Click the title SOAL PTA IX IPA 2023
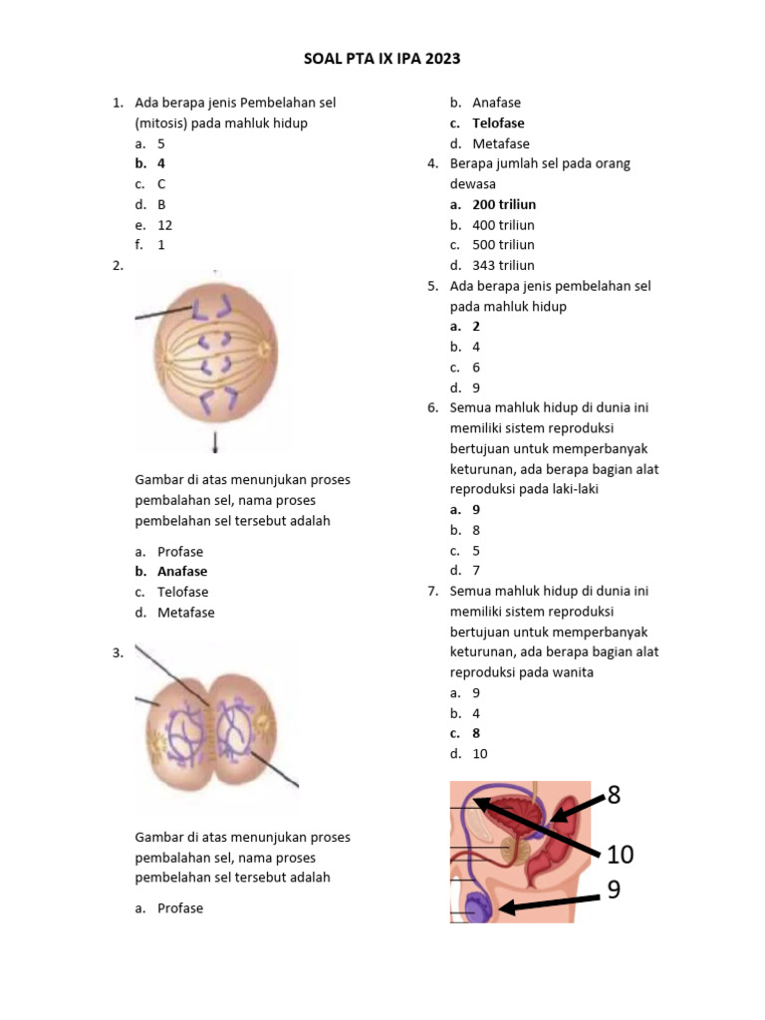tap(382, 59)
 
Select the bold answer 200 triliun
tap(504, 204)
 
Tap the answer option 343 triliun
tap(503, 265)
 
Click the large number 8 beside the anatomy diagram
tap(614, 795)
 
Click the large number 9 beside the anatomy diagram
tap(614, 890)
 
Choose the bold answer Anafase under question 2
tap(182, 572)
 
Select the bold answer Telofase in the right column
tap(498, 124)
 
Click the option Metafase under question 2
tap(185, 613)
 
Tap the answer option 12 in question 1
tap(165, 225)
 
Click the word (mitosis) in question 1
tap(165, 124)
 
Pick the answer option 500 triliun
tap(503, 245)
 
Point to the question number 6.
tap(433, 407)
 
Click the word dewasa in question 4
tap(473, 184)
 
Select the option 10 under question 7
tap(480, 754)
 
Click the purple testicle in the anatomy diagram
tap(480, 907)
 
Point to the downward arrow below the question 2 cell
tap(215, 441)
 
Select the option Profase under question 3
tap(180, 908)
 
